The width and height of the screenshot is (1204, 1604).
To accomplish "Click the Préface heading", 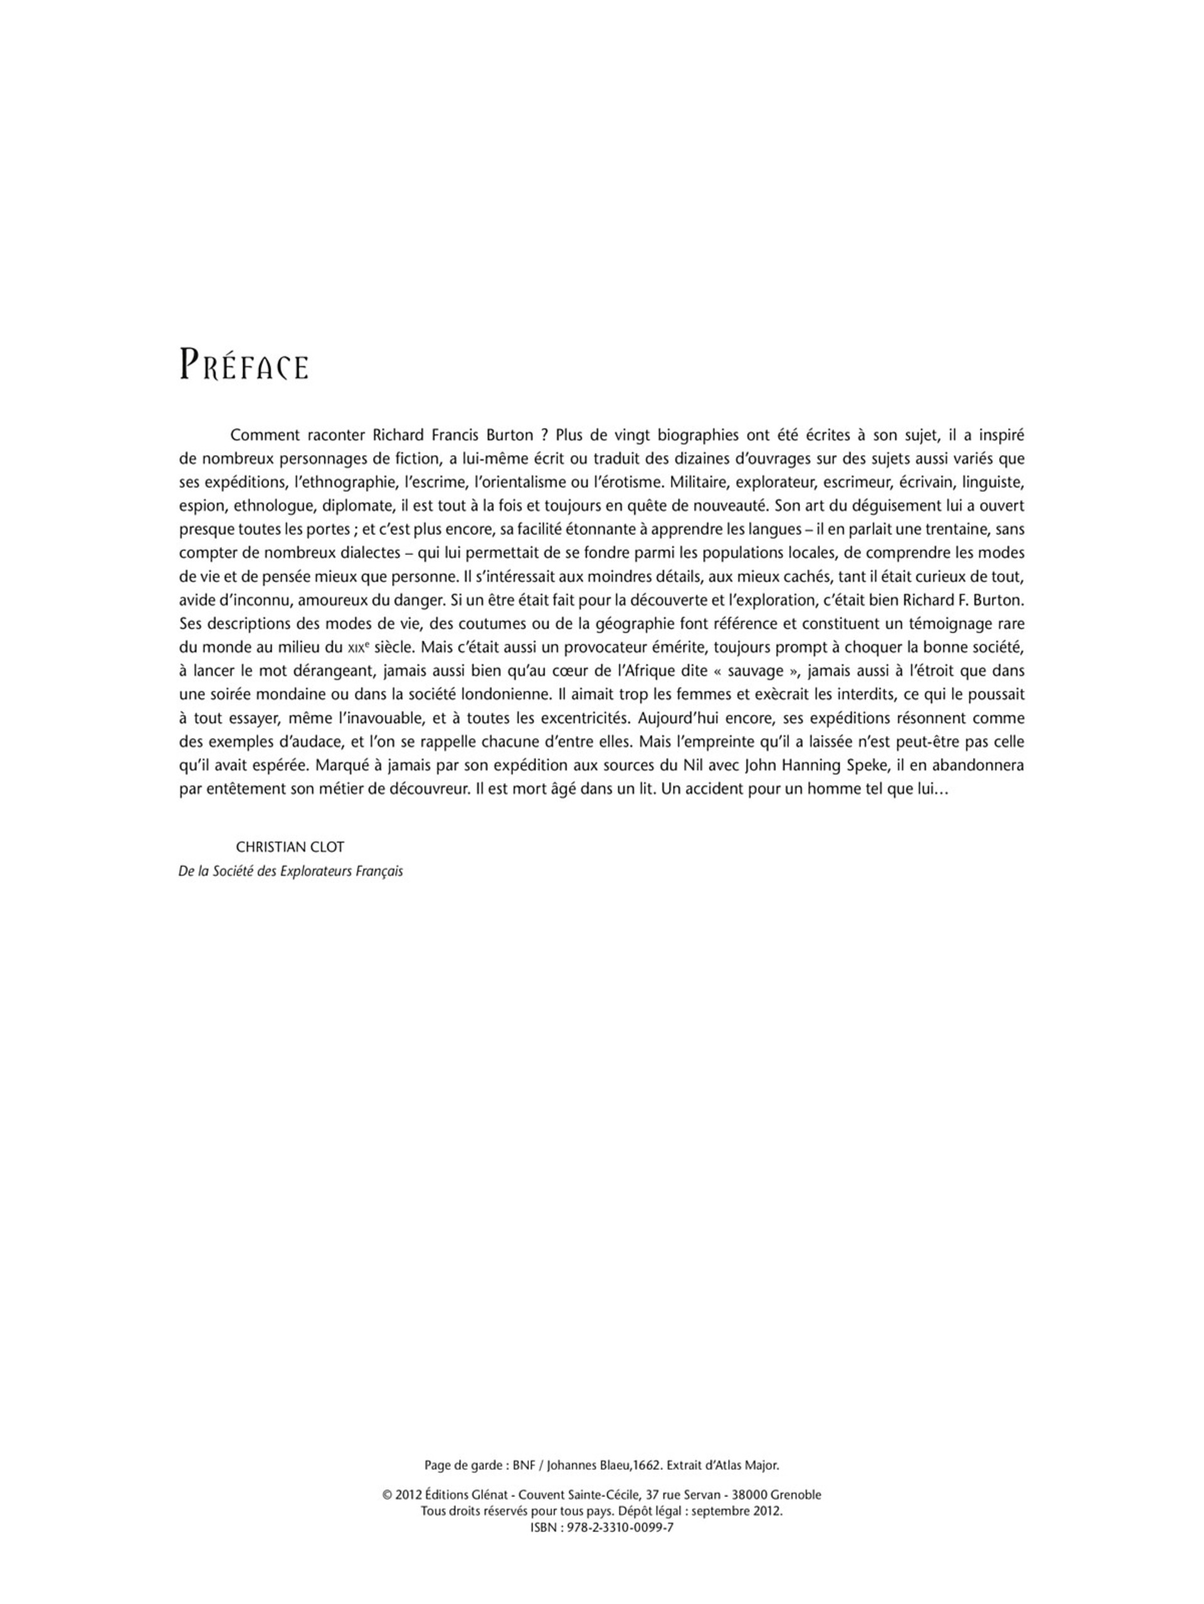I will coord(244,364).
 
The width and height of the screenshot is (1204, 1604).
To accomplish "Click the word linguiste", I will coord(993,482).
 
